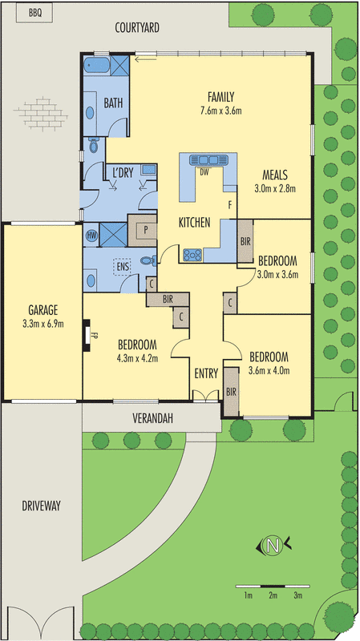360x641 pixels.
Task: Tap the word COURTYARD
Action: coord(136,27)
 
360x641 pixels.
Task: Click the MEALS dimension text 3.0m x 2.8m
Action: coord(275,189)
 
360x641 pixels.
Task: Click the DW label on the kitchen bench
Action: coord(204,171)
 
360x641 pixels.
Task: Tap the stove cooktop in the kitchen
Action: coord(193,255)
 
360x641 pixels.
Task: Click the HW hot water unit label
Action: coord(91,236)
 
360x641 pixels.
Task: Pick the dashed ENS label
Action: coord(123,265)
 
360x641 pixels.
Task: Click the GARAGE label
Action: coord(42,311)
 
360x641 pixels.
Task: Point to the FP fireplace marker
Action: coord(94,337)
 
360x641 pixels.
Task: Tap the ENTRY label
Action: coord(206,373)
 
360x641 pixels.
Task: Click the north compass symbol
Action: coord(273,546)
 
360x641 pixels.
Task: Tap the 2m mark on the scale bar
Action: coord(273,595)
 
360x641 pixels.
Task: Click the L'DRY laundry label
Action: coord(122,172)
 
